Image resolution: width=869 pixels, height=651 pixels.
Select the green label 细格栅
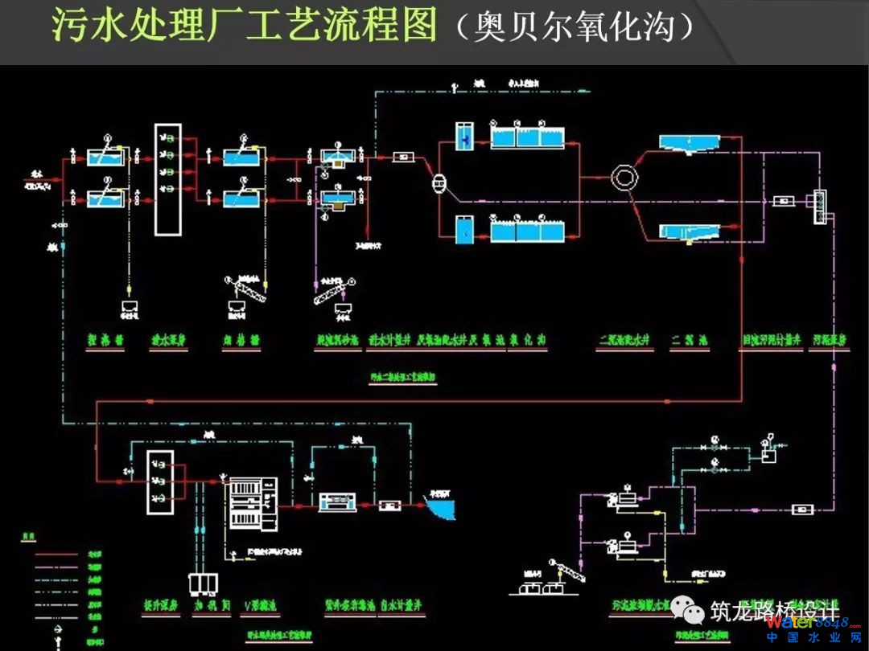(241, 340)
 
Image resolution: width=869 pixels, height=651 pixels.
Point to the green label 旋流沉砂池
(338, 340)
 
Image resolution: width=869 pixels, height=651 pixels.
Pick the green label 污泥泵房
(830, 340)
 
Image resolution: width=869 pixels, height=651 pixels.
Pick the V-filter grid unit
(253, 503)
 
